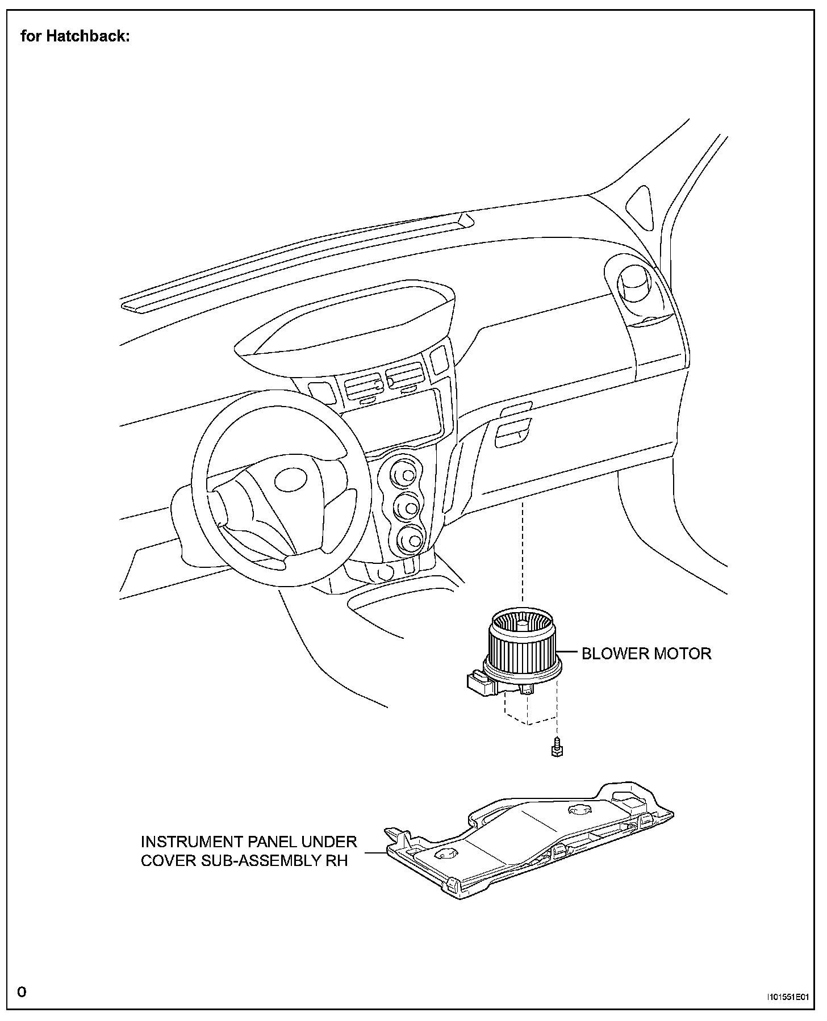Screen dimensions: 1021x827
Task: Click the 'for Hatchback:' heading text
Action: (x=75, y=37)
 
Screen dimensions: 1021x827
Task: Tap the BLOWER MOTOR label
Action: (x=646, y=654)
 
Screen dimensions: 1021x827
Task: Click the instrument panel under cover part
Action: (x=528, y=846)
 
